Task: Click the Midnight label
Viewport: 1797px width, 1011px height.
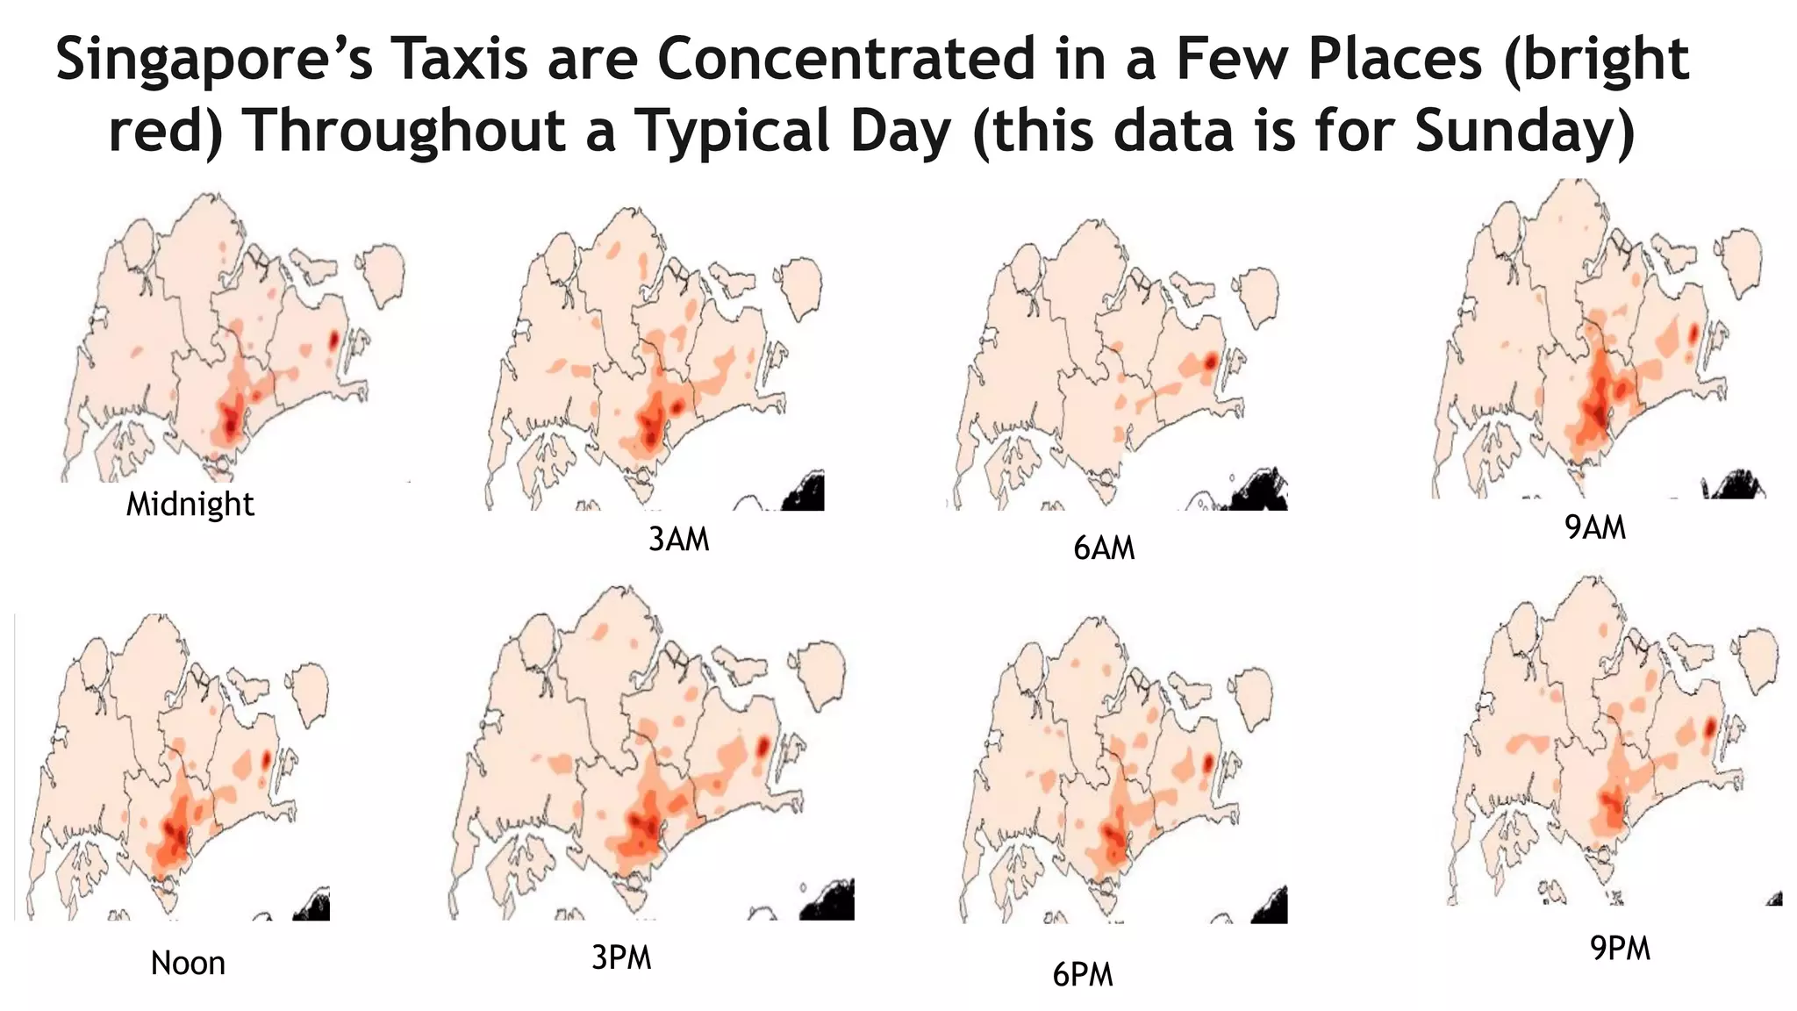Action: [x=190, y=505]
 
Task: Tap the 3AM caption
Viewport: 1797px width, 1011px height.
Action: [x=678, y=539]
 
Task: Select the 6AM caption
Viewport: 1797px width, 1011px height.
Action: [x=1104, y=549]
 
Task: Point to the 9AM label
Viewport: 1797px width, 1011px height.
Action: [x=1595, y=527]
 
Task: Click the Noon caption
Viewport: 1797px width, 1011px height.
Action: [x=188, y=964]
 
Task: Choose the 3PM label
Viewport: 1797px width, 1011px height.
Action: [x=621, y=957]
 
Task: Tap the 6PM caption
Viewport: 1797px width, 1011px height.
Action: [x=1083, y=975]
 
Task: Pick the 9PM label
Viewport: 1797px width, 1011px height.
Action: [x=1620, y=949]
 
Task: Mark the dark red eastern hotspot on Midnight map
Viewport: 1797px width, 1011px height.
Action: [x=333, y=340]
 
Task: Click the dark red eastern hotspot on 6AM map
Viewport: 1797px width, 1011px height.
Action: [x=1211, y=361]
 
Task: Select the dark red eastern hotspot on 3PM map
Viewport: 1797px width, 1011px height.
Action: [x=762, y=745]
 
